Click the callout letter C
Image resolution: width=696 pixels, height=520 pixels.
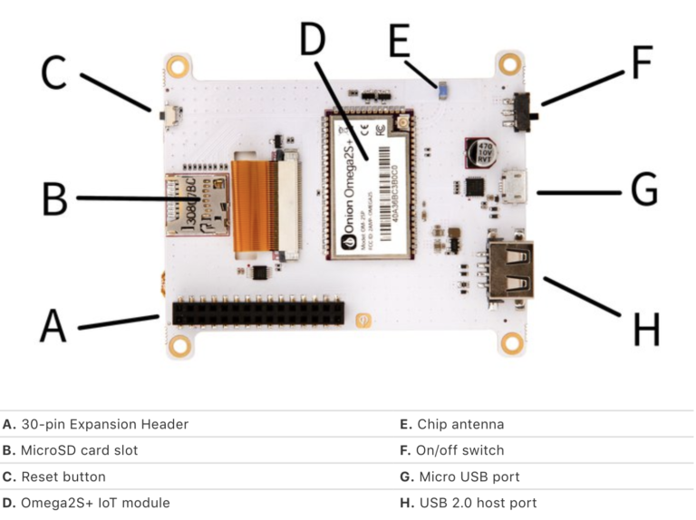pos(54,73)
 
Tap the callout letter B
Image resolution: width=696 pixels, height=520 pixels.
pos(54,198)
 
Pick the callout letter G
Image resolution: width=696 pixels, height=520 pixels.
pos(643,191)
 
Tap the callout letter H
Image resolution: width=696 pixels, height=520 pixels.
pos(645,329)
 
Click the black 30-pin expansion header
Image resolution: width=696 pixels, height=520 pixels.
pos(258,313)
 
